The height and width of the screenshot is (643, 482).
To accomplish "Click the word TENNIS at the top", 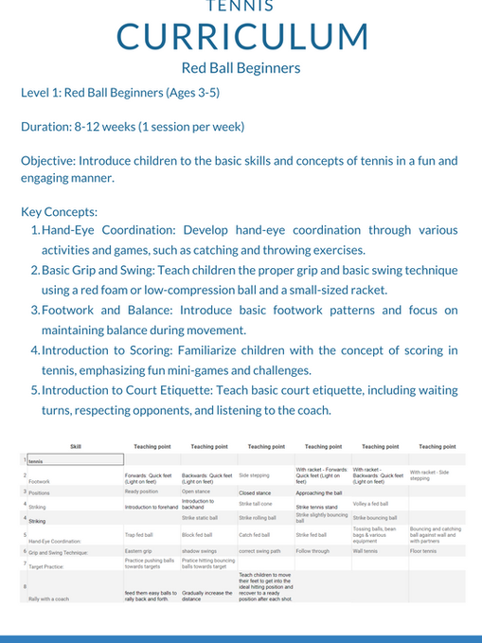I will pos(241,6).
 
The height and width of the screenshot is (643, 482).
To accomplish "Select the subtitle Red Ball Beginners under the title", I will pos(241,68).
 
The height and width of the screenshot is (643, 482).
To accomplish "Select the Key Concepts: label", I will pos(58,211).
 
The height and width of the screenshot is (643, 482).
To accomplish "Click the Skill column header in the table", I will pos(76,446).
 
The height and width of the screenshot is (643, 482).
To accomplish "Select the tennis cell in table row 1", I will pos(37,461).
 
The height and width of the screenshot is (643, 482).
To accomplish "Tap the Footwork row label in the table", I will pos(40,481).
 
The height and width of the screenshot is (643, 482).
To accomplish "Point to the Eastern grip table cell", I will pos(139,550).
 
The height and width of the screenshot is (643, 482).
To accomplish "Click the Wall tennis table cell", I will pos(366,550).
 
